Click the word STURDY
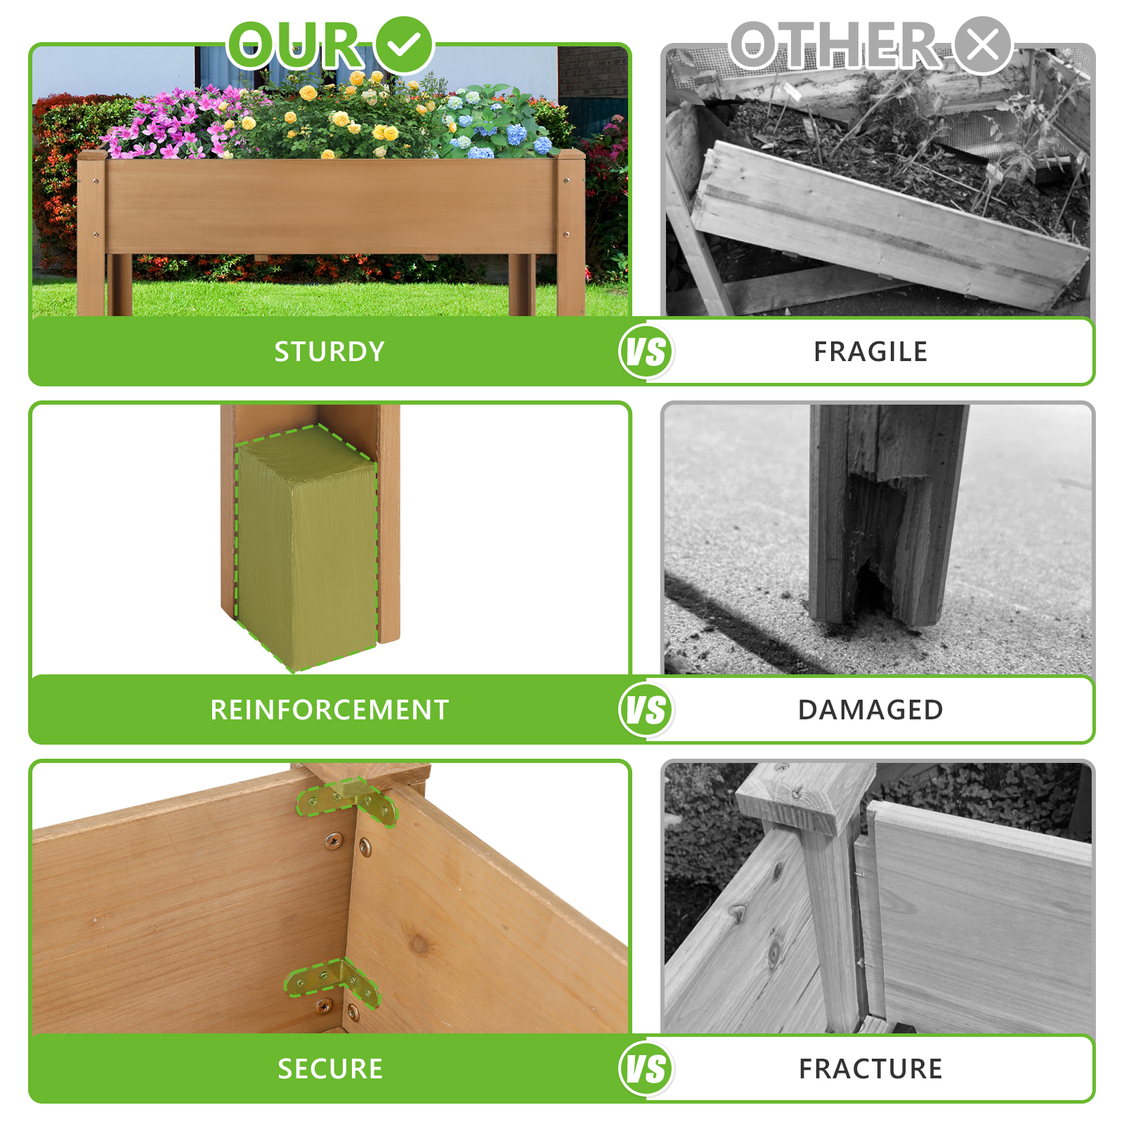click(329, 351)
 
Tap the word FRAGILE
click(870, 351)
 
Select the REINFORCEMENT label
click(329, 710)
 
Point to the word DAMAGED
click(870, 710)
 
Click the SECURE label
click(329, 1069)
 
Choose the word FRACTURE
click(870, 1069)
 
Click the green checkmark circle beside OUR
click(404, 44)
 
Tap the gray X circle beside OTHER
click(982, 44)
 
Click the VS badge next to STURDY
click(646, 351)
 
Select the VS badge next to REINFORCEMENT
click(646, 710)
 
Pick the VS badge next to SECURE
click(646, 1069)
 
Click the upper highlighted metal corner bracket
click(348, 801)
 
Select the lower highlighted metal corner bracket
click(332, 980)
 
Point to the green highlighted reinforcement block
click(307, 548)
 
